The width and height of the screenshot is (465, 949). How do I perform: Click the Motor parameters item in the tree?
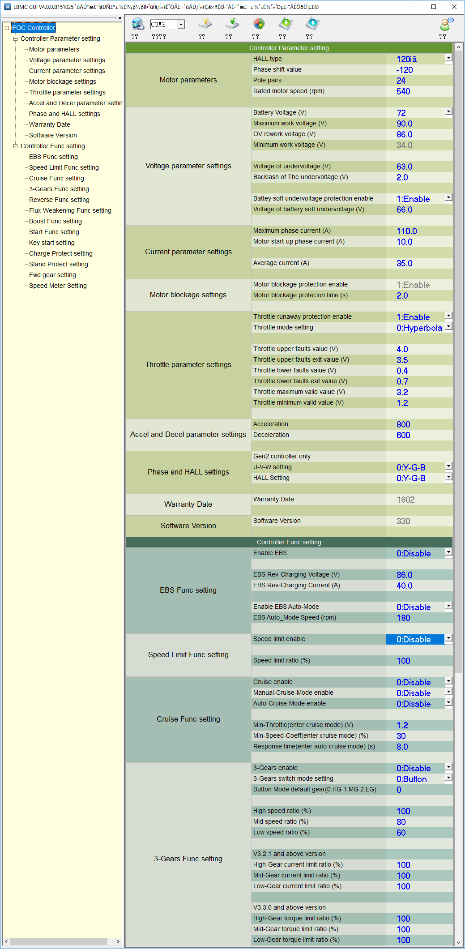coord(54,49)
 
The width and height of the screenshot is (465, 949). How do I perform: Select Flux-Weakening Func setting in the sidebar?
coord(70,210)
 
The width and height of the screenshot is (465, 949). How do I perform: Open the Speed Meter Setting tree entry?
coord(58,286)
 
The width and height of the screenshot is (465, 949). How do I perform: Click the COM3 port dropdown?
coord(167,25)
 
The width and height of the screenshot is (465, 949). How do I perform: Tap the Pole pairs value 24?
coord(401,81)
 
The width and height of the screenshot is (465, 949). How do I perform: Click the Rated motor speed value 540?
coord(403,91)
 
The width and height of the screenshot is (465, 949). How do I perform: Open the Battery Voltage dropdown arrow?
coord(448,112)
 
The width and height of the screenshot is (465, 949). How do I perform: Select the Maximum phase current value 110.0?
coord(406,231)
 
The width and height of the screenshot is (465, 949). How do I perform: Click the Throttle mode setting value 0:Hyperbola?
coord(419,328)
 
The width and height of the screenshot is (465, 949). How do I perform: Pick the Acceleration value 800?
coord(403,424)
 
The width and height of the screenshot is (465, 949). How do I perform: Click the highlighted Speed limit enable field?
coord(415,639)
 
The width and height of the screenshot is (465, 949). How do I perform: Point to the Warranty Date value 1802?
coord(405,500)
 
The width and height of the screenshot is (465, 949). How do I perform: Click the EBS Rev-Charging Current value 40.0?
coord(404,586)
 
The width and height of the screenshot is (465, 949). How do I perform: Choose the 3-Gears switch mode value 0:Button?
coord(411,779)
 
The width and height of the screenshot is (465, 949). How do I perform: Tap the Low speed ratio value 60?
coord(401,833)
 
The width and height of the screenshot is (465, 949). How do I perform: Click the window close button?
coord(454,7)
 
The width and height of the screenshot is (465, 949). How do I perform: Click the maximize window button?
coord(433,7)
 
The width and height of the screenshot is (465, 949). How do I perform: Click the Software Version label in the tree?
coord(53,135)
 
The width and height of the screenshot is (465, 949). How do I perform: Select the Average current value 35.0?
coord(404,263)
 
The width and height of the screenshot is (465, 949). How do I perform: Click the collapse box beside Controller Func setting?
coord(16,146)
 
